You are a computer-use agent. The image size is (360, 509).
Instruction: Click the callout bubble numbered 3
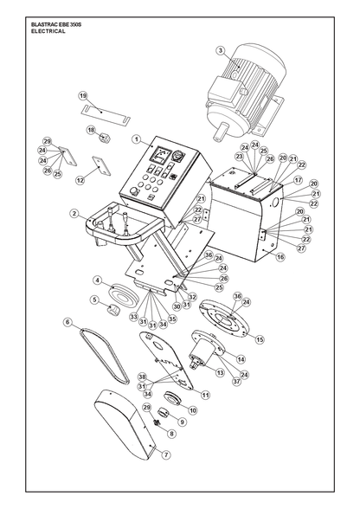tap(221, 50)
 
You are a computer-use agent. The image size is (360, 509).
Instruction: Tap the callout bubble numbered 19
tap(83, 96)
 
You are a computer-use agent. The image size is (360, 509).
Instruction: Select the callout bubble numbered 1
tap(137, 139)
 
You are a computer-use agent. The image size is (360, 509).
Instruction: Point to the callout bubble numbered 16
tap(280, 257)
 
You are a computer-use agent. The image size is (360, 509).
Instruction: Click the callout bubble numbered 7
tap(166, 454)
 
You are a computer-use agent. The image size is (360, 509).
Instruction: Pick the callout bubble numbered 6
tap(67, 322)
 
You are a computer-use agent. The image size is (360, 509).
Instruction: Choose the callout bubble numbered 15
tap(260, 339)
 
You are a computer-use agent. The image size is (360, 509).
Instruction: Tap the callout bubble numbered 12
tap(80, 180)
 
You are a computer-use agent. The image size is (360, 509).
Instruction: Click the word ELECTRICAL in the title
tap(48, 31)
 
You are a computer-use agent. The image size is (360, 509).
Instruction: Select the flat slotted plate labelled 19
tap(106, 113)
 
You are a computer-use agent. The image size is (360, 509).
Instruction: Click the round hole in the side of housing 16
tap(275, 203)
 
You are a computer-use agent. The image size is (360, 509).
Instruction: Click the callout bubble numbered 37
tap(236, 381)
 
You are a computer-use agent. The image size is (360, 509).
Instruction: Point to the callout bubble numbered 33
tap(134, 317)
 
